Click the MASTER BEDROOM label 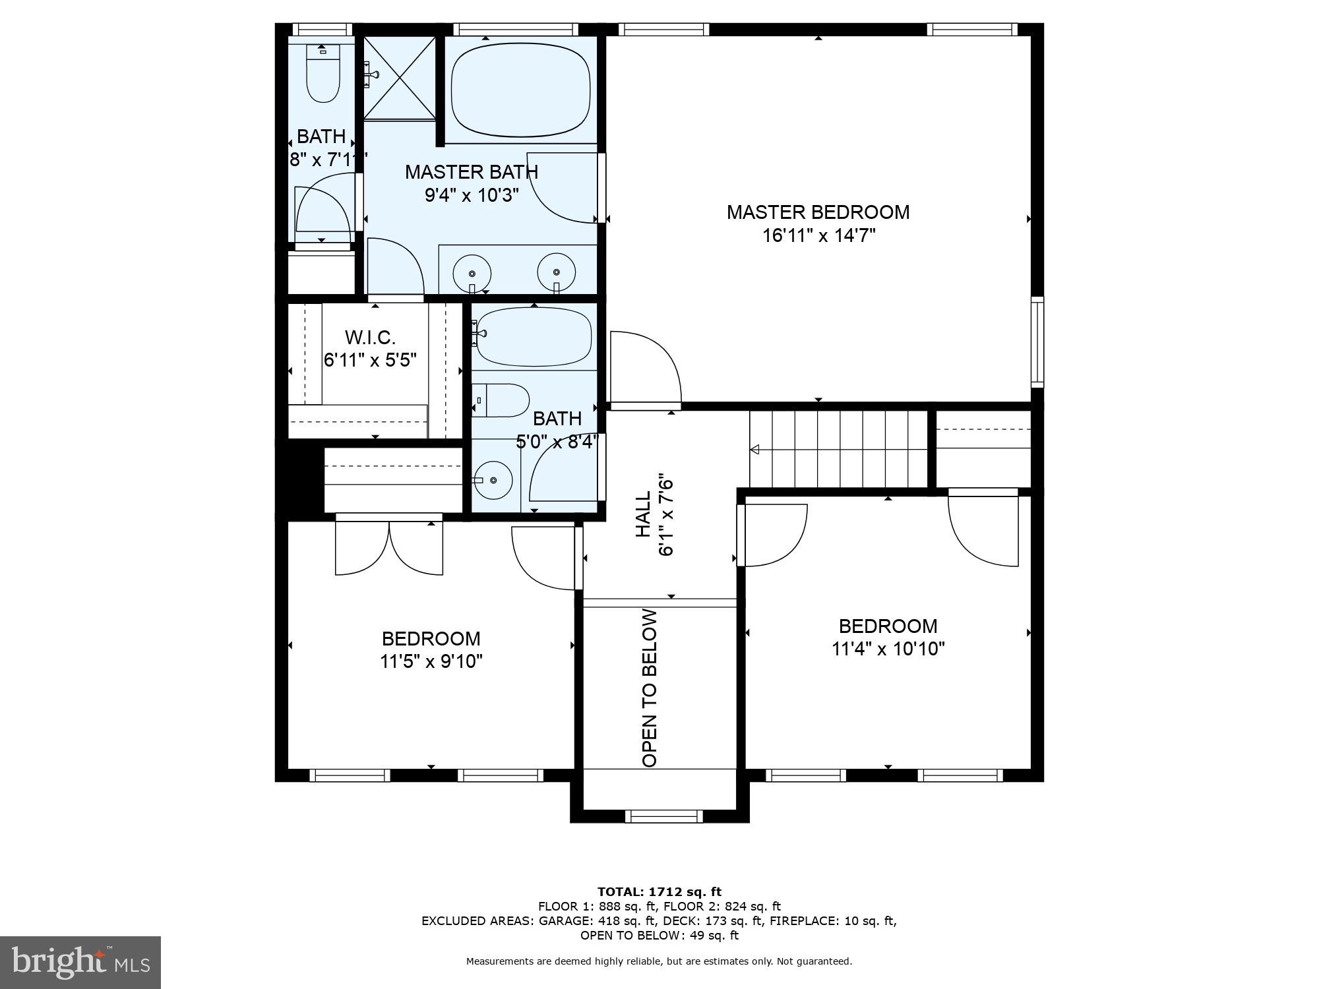(818, 212)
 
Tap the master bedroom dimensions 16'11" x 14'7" (818, 235)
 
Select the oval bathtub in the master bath (520, 90)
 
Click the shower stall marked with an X (400, 78)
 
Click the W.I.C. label (370, 338)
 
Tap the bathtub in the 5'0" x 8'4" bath (534, 337)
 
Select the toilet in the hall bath (501, 400)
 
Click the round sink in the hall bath (493, 480)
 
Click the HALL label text (643, 514)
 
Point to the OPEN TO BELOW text (650, 688)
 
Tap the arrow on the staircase (754, 450)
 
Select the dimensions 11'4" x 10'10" (888, 649)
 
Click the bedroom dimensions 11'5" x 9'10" (431, 661)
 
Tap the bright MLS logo (80, 963)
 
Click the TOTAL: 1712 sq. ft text (659, 892)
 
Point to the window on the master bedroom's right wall (1037, 342)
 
